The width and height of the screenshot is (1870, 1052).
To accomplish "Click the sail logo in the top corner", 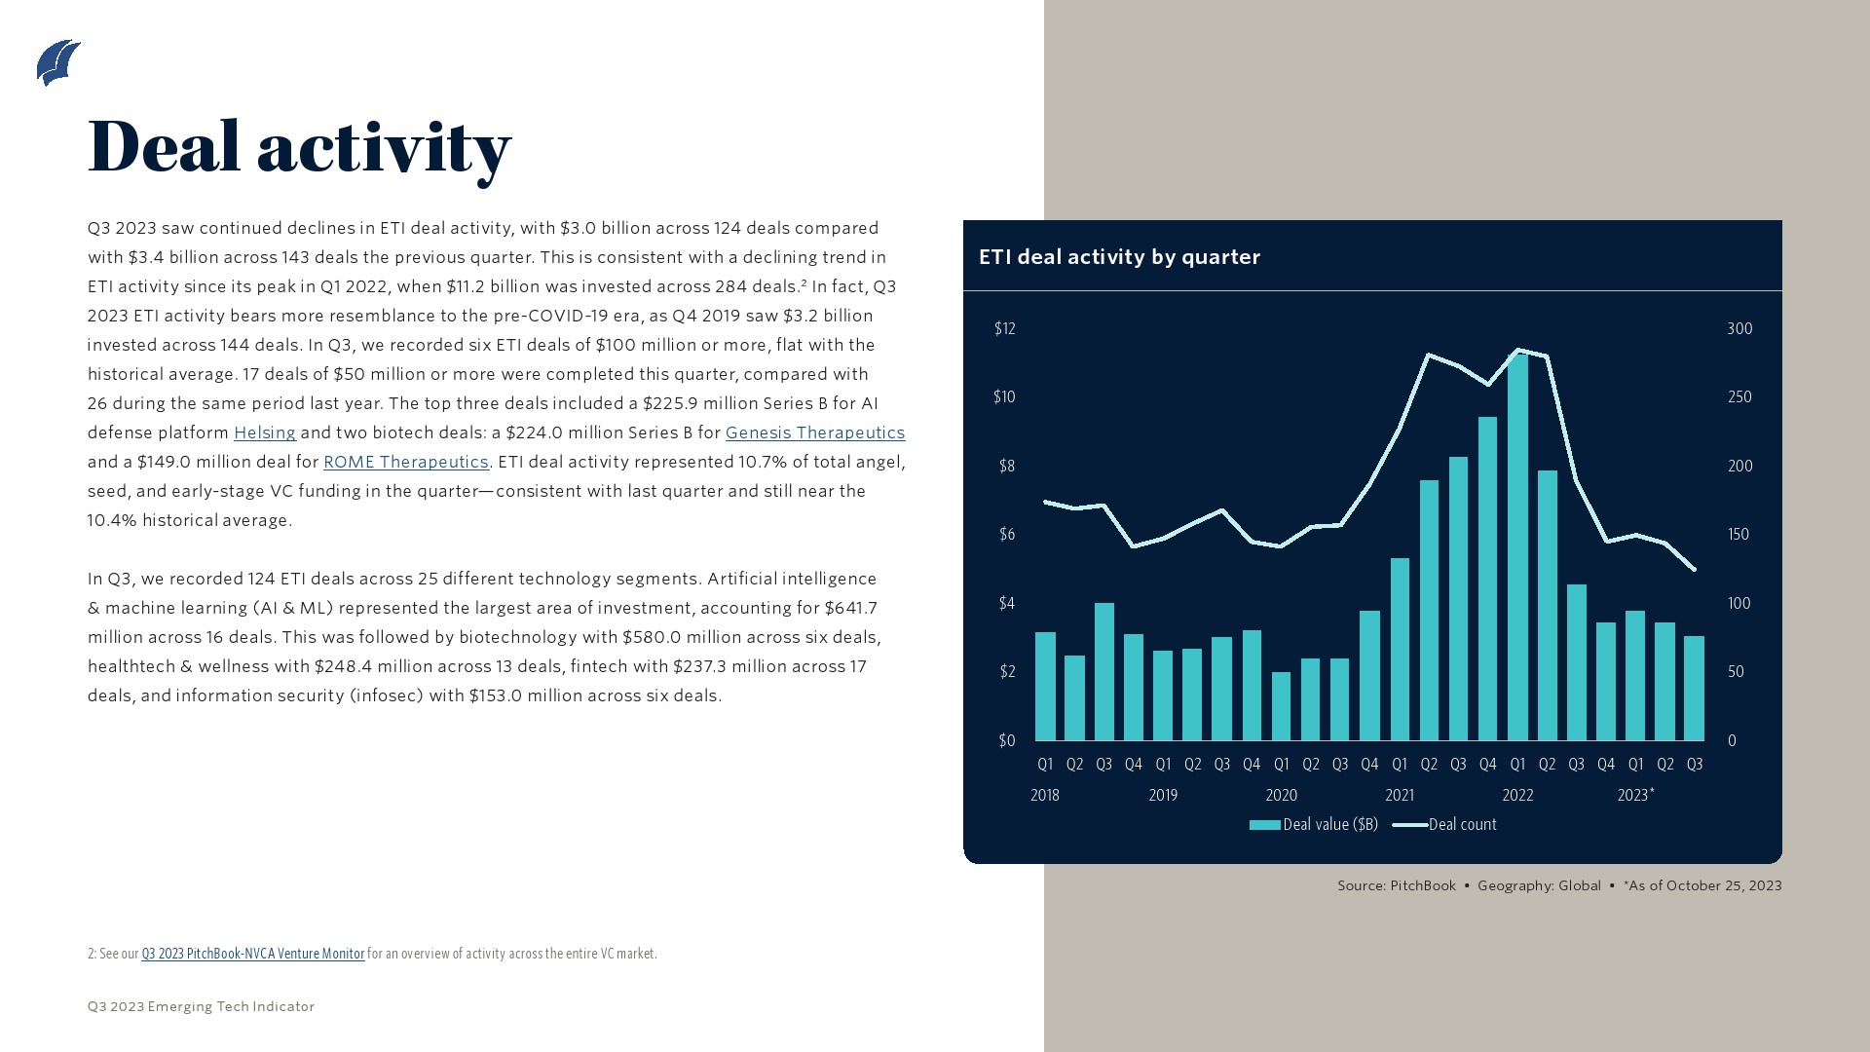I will pos(58,63).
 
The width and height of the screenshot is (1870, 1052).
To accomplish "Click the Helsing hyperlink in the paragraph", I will pos(264,432).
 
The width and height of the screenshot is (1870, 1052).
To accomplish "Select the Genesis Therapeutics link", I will pos(814,432).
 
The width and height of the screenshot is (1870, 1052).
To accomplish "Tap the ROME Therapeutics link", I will pos(405,462).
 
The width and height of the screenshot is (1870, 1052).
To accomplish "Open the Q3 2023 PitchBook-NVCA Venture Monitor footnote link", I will pos(252,954).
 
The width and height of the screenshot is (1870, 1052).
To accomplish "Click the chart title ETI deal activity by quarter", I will pos(1119,257).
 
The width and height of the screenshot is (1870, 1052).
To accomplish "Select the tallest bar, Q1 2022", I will pos(1517,545).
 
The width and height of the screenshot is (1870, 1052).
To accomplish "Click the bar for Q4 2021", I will pos(1487,579).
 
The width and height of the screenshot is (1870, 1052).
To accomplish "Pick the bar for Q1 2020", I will pos(1281,706).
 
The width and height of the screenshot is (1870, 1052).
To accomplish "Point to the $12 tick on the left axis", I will pos(1004,329).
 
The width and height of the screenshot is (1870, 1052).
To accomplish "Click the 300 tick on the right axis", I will pos(1739,329).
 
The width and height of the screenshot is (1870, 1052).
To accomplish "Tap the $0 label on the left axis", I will pos(1006,741).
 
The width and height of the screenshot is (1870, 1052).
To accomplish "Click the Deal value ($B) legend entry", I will pos(1315,825).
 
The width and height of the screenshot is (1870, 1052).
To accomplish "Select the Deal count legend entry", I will pos(1445,825).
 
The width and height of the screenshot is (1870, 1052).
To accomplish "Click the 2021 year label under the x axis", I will pos(1400,796).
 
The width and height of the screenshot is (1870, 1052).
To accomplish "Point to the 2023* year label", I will pos(1635,796).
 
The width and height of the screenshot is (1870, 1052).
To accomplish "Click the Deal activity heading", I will pos(299,147).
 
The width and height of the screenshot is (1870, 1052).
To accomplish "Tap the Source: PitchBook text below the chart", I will pos(1396,886).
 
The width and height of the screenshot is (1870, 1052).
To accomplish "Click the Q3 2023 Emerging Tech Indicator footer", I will pos(201,1007).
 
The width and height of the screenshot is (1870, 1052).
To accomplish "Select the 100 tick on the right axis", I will pos(1739,604).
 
